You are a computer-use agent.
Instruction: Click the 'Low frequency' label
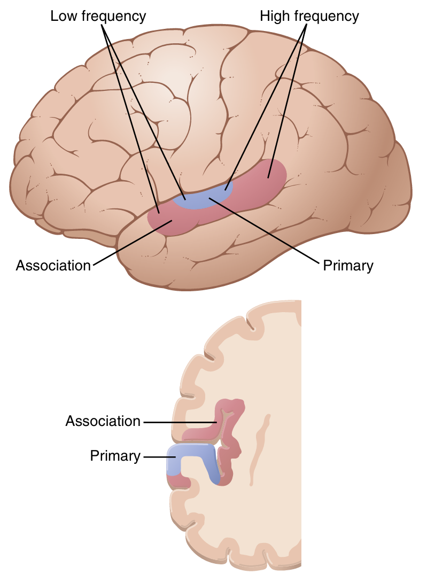tap(98, 17)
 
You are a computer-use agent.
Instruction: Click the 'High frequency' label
tap(309, 17)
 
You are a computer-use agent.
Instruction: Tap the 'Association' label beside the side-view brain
tap(53, 266)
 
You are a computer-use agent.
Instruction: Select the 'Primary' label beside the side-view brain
tap(348, 266)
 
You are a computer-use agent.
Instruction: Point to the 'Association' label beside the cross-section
tap(103, 421)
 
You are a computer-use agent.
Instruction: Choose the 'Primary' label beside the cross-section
tap(115, 456)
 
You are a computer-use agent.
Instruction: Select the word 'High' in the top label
tap(273, 17)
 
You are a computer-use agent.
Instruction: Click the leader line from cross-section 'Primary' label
tap(155, 456)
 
